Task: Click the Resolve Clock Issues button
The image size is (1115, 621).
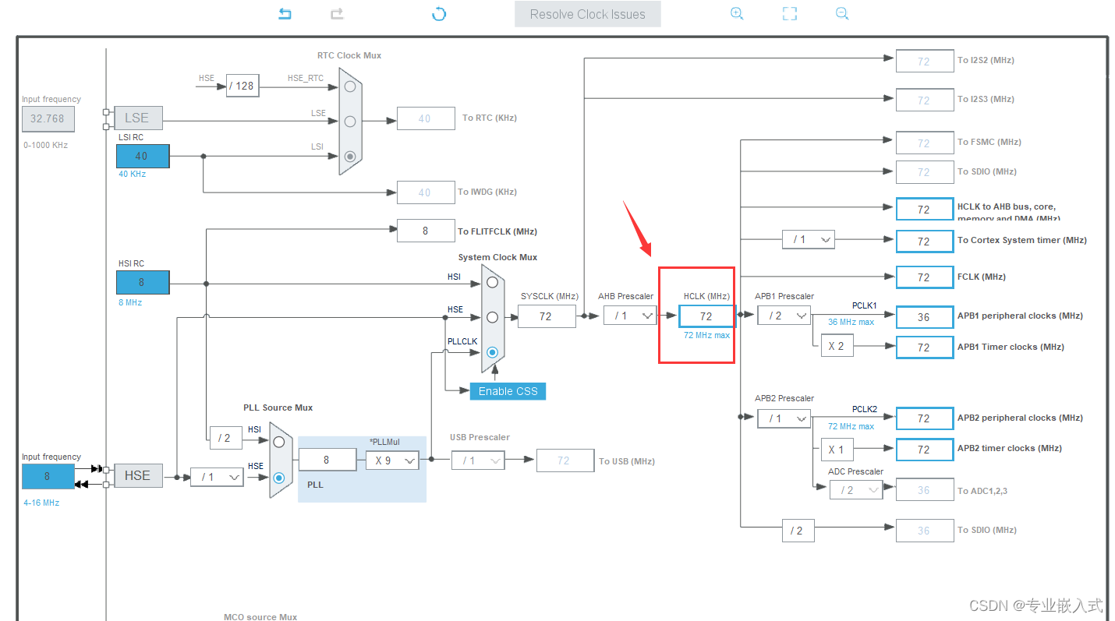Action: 587,14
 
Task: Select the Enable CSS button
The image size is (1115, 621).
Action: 508,391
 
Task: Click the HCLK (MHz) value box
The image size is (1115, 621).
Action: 706,316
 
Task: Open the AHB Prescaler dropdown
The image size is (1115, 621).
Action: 630,316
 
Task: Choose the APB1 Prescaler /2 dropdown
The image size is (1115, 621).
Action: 784,316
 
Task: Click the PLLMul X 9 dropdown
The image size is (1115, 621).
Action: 392,460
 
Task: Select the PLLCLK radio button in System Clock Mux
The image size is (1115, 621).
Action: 492,352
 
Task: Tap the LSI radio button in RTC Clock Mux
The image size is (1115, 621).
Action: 350,156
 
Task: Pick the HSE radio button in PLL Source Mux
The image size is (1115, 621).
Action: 278,477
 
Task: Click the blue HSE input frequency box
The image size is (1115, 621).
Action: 48,476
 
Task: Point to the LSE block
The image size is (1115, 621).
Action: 137,118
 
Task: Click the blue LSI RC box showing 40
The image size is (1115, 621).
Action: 142,156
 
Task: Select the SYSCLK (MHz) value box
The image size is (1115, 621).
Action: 546,316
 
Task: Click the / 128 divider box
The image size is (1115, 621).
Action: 243,86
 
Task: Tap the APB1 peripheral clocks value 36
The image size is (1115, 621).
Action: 924,317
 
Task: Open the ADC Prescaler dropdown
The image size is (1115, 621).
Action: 856,490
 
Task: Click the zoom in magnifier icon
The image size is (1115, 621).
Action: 737,14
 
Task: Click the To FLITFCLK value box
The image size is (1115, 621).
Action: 426,231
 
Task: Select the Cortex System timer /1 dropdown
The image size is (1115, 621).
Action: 809,240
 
